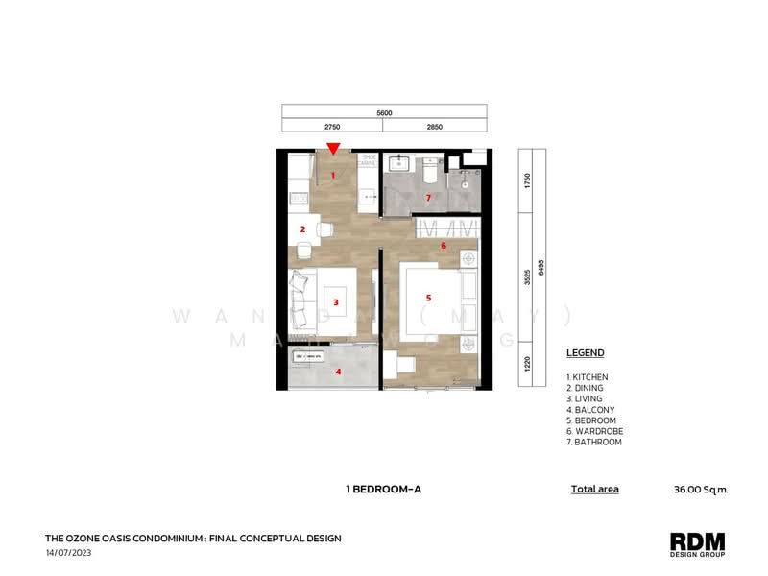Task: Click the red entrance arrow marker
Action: pyautogui.click(x=332, y=148)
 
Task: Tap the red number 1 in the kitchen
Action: pyautogui.click(x=333, y=175)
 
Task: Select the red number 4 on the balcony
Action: pyautogui.click(x=337, y=372)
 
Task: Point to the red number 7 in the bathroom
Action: pyautogui.click(x=428, y=198)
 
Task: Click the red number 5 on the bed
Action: pyautogui.click(x=428, y=298)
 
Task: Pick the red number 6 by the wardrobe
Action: pyautogui.click(x=443, y=246)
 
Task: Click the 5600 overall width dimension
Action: pyautogui.click(x=384, y=113)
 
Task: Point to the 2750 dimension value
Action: pyautogui.click(x=332, y=126)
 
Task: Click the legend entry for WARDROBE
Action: pyautogui.click(x=596, y=431)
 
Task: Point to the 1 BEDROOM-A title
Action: pyautogui.click(x=384, y=490)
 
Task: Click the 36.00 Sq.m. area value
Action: pyautogui.click(x=702, y=490)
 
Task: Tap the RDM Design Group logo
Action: pyautogui.click(x=697, y=544)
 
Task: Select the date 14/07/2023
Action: pyautogui.click(x=67, y=554)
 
